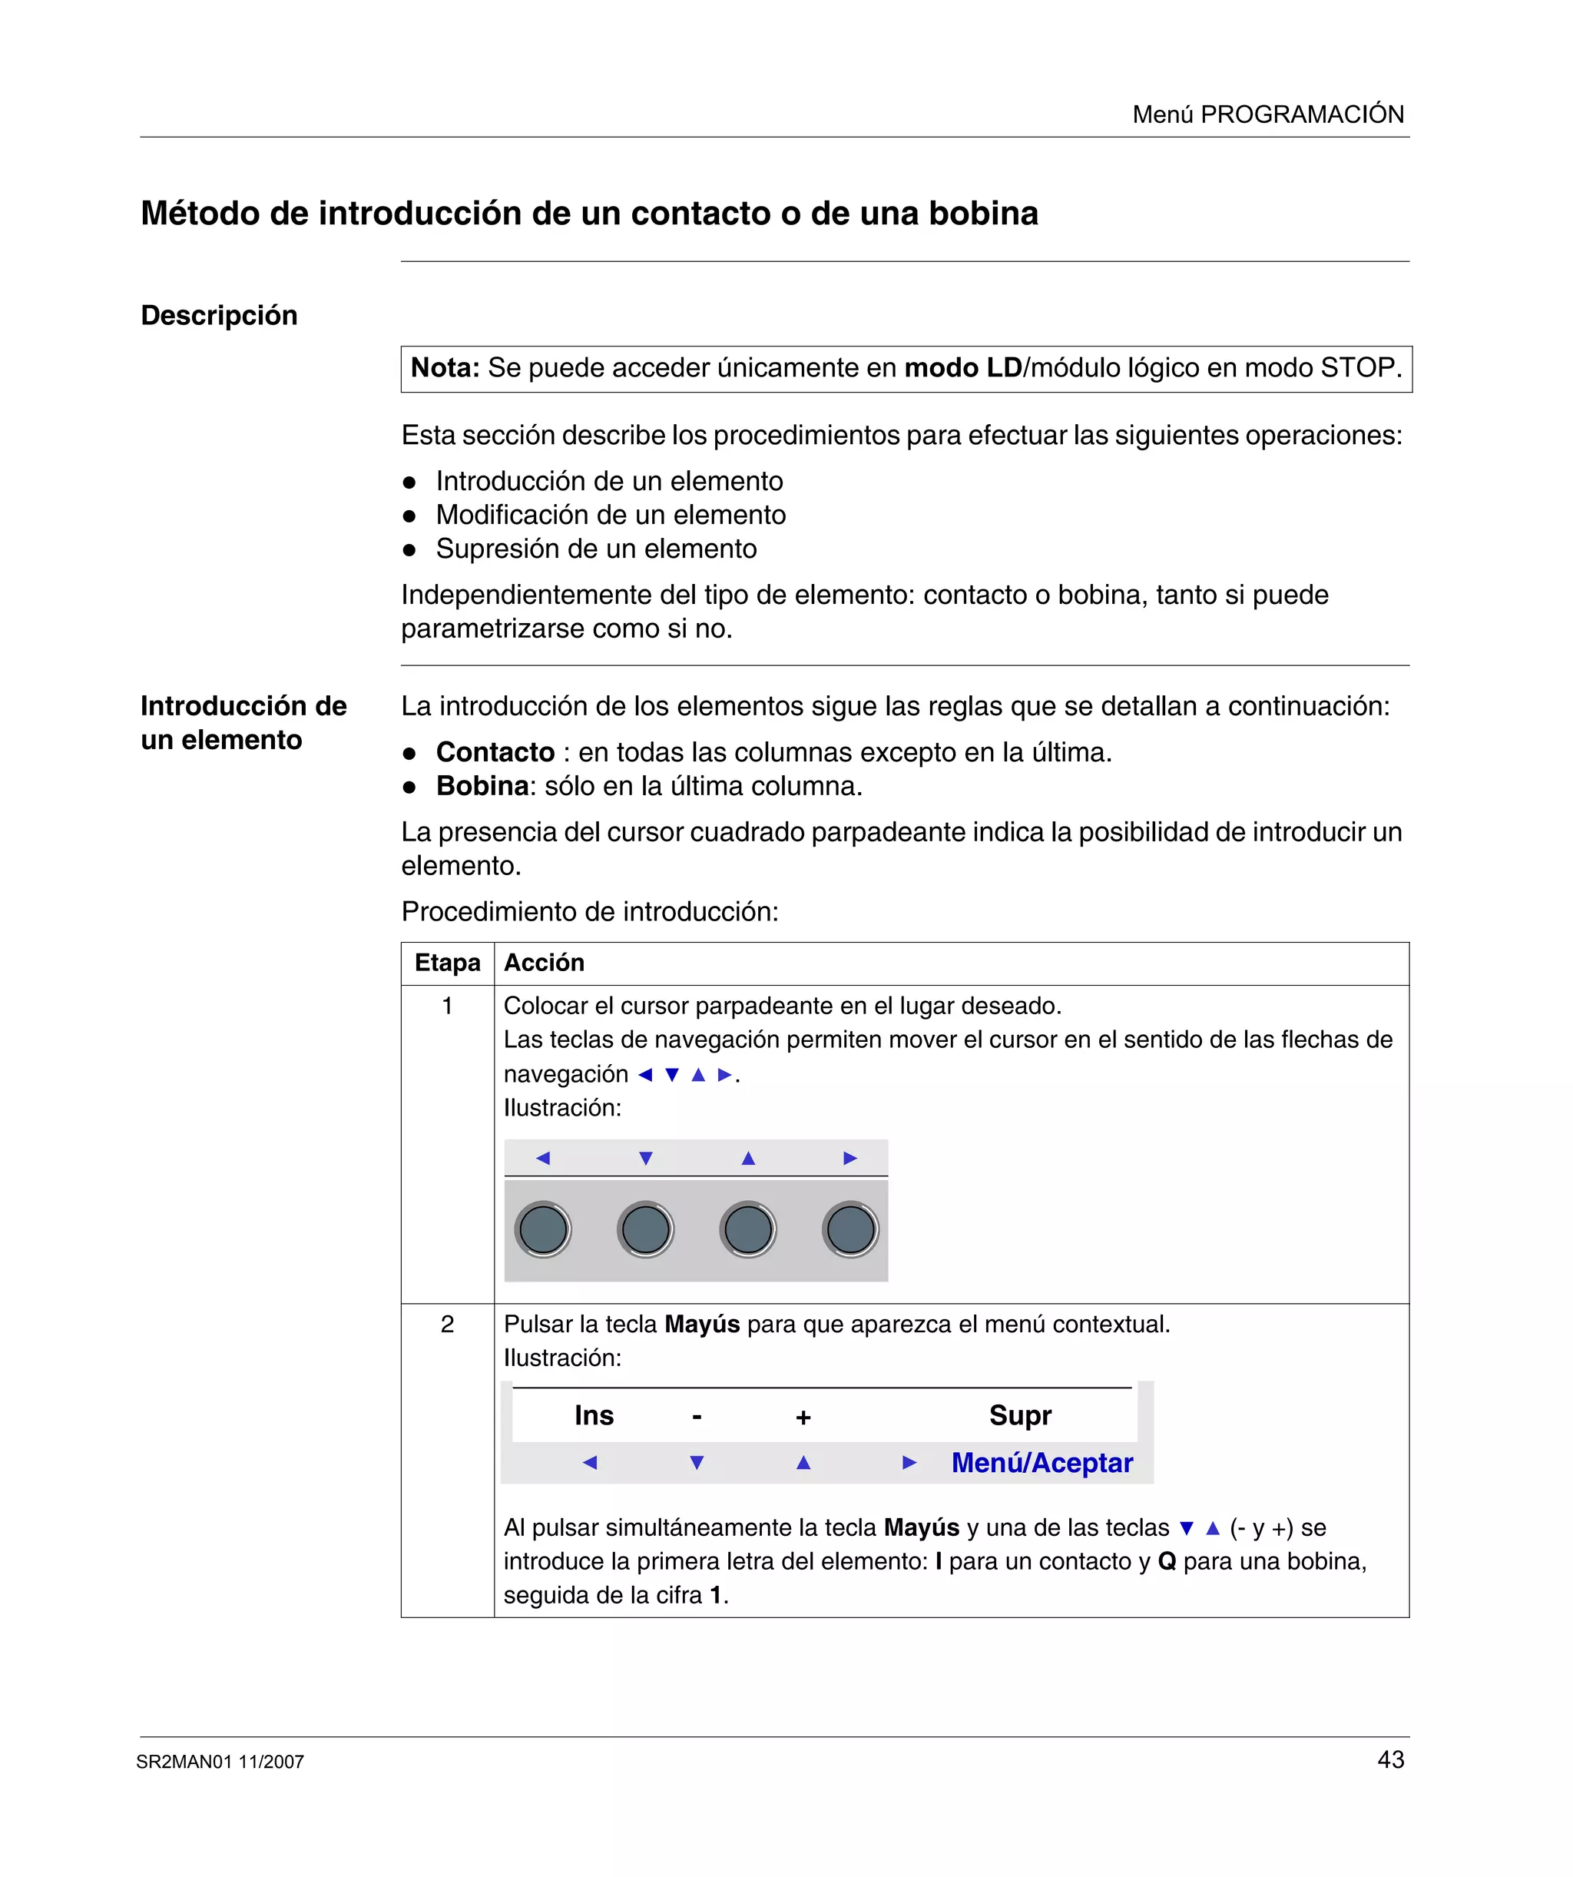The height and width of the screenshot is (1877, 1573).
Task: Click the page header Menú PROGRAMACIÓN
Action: pyautogui.click(x=1267, y=114)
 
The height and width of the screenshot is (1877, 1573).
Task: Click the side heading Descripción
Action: pyautogui.click(x=219, y=316)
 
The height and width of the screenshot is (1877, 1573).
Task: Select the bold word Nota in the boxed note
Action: pyautogui.click(x=444, y=368)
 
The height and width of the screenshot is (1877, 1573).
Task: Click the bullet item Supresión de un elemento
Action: pyautogui.click(x=596, y=549)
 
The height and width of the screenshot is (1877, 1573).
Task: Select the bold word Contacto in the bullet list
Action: pyautogui.click(x=495, y=753)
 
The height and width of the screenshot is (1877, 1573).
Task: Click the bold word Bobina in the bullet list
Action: pyautogui.click(x=482, y=787)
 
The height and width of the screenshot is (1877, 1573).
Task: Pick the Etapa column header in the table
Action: pyautogui.click(x=447, y=963)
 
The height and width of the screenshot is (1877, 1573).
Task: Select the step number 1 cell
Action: pyautogui.click(x=447, y=1006)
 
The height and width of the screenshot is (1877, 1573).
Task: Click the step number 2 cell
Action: pyautogui.click(x=447, y=1325)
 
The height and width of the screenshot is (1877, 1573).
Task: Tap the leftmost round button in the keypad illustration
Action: pyautogui.click(x=543, y=1230)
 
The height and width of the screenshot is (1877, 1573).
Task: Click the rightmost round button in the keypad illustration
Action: pyautogui.click(x=850, y=1230)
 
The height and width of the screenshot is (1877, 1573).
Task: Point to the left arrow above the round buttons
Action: pyautogui.click(x=542, y=1159)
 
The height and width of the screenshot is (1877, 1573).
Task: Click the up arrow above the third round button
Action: pyautogui.click(x=748, y=1159)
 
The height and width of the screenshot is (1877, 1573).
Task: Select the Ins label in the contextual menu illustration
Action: pyautogui.click(x=594, y=1416)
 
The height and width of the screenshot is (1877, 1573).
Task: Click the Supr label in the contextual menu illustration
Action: pyautogui.click(x=1020, y=1416)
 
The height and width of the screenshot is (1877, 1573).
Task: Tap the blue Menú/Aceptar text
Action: pyautogui.click(x=1041, y=1463)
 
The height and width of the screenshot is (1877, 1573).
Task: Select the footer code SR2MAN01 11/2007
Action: pyautogui.click(x=220, y=1763)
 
